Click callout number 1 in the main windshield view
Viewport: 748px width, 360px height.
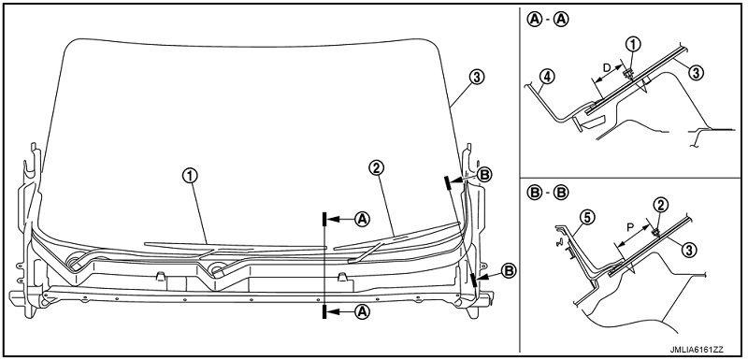point(190,176)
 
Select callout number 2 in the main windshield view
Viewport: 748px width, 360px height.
point(376,167)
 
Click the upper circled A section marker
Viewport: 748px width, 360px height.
point(363,219)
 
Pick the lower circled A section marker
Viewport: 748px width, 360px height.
point(363,311)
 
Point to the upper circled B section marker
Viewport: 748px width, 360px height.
point(484,175)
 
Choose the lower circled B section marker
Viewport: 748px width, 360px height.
point(510,270)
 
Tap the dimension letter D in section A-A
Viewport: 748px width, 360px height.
point(606,67)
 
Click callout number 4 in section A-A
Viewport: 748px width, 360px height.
point(548,77)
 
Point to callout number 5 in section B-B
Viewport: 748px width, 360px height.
point(587,218)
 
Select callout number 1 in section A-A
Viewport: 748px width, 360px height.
point(633,44)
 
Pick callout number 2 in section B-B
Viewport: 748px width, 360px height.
point(661,205)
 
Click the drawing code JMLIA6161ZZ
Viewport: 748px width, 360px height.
point(705,350)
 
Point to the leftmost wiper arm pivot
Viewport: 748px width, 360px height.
point(74,261)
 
